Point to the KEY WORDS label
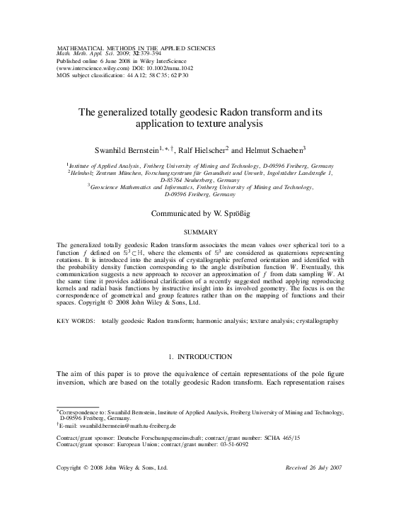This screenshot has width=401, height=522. tap(76, 321)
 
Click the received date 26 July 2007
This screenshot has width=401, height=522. tap(329, 467)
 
